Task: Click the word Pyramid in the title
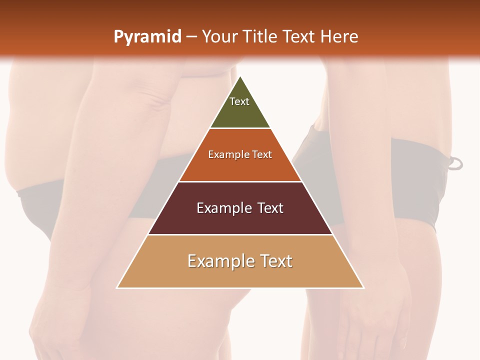tap(147, 37)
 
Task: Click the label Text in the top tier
tap(239, 101)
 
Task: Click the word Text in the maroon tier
tap(270, 208)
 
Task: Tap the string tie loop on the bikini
tap(455, 163)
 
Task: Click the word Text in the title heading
tap(299, 36)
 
